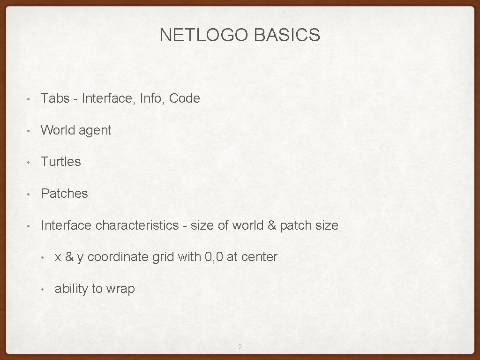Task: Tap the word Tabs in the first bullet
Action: [55, 98]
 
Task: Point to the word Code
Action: [184, 98]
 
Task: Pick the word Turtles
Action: [61, 162]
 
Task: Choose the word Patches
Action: [64, 194]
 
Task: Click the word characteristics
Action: [137, 225]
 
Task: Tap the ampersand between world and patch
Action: [272, 225]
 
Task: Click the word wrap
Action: [120, 289]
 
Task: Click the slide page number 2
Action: [240, 347]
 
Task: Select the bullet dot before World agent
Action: [29, 131]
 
